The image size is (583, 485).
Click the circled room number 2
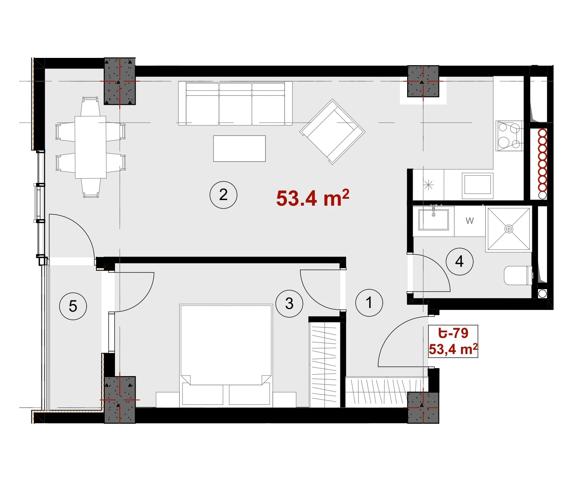223,195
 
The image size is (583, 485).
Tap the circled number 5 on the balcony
73,306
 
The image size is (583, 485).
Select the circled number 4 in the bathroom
459,262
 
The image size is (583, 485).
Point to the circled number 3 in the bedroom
289,303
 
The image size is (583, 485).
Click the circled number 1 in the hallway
369,303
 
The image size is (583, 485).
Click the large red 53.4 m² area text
313,198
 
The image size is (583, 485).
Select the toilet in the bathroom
518,275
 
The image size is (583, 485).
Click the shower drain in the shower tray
509,229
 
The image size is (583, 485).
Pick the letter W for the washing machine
470,221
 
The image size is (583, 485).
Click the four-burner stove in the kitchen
510,136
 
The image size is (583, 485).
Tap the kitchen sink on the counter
477,186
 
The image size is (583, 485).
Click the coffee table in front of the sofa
239,148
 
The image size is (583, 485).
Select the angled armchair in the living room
332,132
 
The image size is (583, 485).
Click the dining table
91,147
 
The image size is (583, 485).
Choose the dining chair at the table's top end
90,106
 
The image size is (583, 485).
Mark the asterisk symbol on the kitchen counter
428,185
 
